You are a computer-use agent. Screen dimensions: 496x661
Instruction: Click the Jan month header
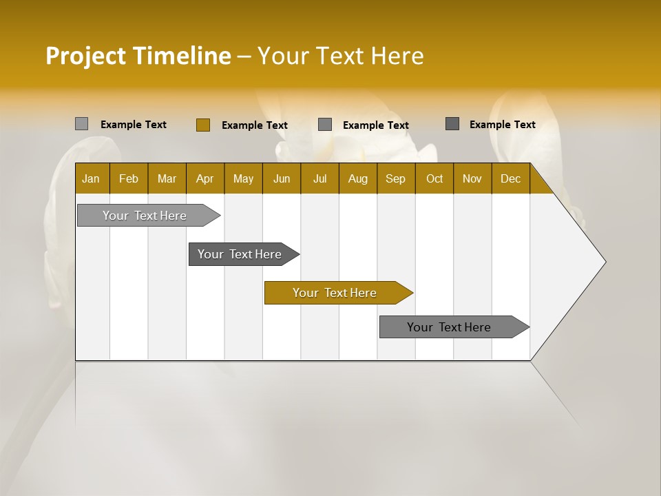click(92, 178)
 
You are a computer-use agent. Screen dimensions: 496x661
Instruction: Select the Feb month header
click(129, 178)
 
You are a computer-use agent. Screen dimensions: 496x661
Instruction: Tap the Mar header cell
click(167, 178)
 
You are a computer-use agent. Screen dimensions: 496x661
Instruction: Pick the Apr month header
click(205, 178)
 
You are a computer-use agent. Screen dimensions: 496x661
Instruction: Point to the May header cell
click(243, 178)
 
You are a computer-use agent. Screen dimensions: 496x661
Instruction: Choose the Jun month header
click(282, 178)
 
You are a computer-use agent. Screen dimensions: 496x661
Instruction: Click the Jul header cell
click(319, 178)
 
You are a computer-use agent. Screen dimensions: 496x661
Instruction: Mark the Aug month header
click(358, 178)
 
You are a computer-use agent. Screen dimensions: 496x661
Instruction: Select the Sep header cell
click(396, 178)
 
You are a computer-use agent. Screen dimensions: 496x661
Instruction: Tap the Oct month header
click(434, 178)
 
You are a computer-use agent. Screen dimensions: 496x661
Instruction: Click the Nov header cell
click(472, 178)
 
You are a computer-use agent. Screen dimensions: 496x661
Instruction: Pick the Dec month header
click(510, 178)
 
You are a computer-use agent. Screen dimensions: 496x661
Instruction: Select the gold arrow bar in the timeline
click(335, 293)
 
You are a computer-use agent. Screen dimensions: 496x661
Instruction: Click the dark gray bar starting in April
click(240, 254)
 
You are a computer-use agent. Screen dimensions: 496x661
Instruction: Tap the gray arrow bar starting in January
click(145, 216)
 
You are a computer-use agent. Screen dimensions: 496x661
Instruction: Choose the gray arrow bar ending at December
click(450, 327)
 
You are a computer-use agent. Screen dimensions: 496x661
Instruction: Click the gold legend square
click(202, 125)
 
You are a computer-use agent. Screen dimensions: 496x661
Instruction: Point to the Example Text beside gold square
click(254, 125)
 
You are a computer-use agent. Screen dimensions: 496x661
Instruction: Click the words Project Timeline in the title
click(138, 56)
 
